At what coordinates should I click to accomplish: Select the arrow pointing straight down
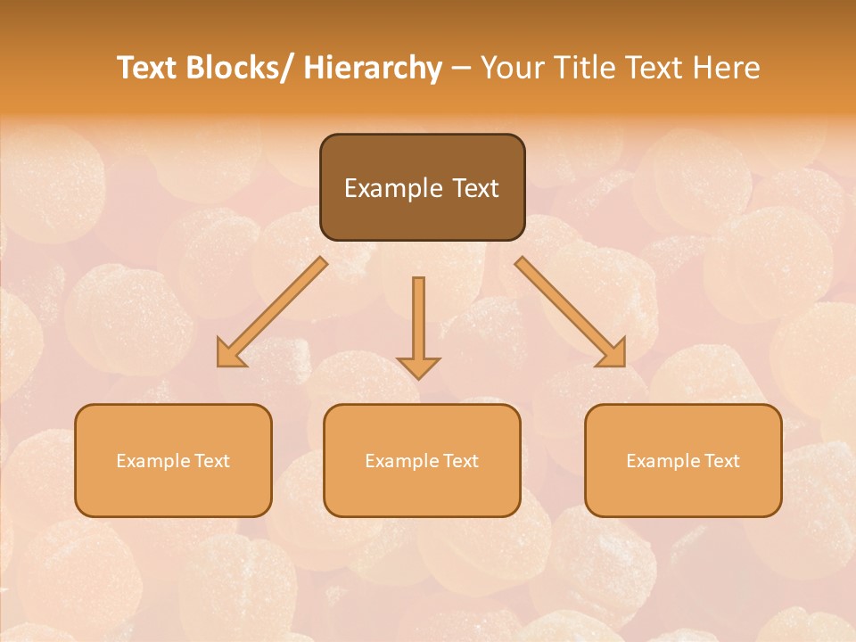pyautogui.click(x=418, y=325)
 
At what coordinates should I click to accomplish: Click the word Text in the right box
pyautogui.click(x=721, y=461)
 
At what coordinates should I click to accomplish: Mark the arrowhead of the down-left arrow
pyautogui.click(x=231, y=353)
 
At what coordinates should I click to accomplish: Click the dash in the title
pyautogui.click(x=461, y=68)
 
